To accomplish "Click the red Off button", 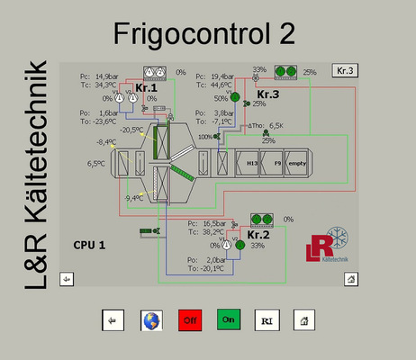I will pos(190,319).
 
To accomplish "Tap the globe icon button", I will pos(151,319).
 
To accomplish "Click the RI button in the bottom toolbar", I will pos(266,319).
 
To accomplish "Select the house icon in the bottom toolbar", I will pos(305,319).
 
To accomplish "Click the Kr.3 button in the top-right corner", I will pos(345,69).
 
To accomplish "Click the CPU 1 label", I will pos(90,244).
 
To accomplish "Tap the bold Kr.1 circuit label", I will pos(147,88).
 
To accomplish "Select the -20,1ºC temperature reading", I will pos(208,267).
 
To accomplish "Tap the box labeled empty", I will pos(299,163).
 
